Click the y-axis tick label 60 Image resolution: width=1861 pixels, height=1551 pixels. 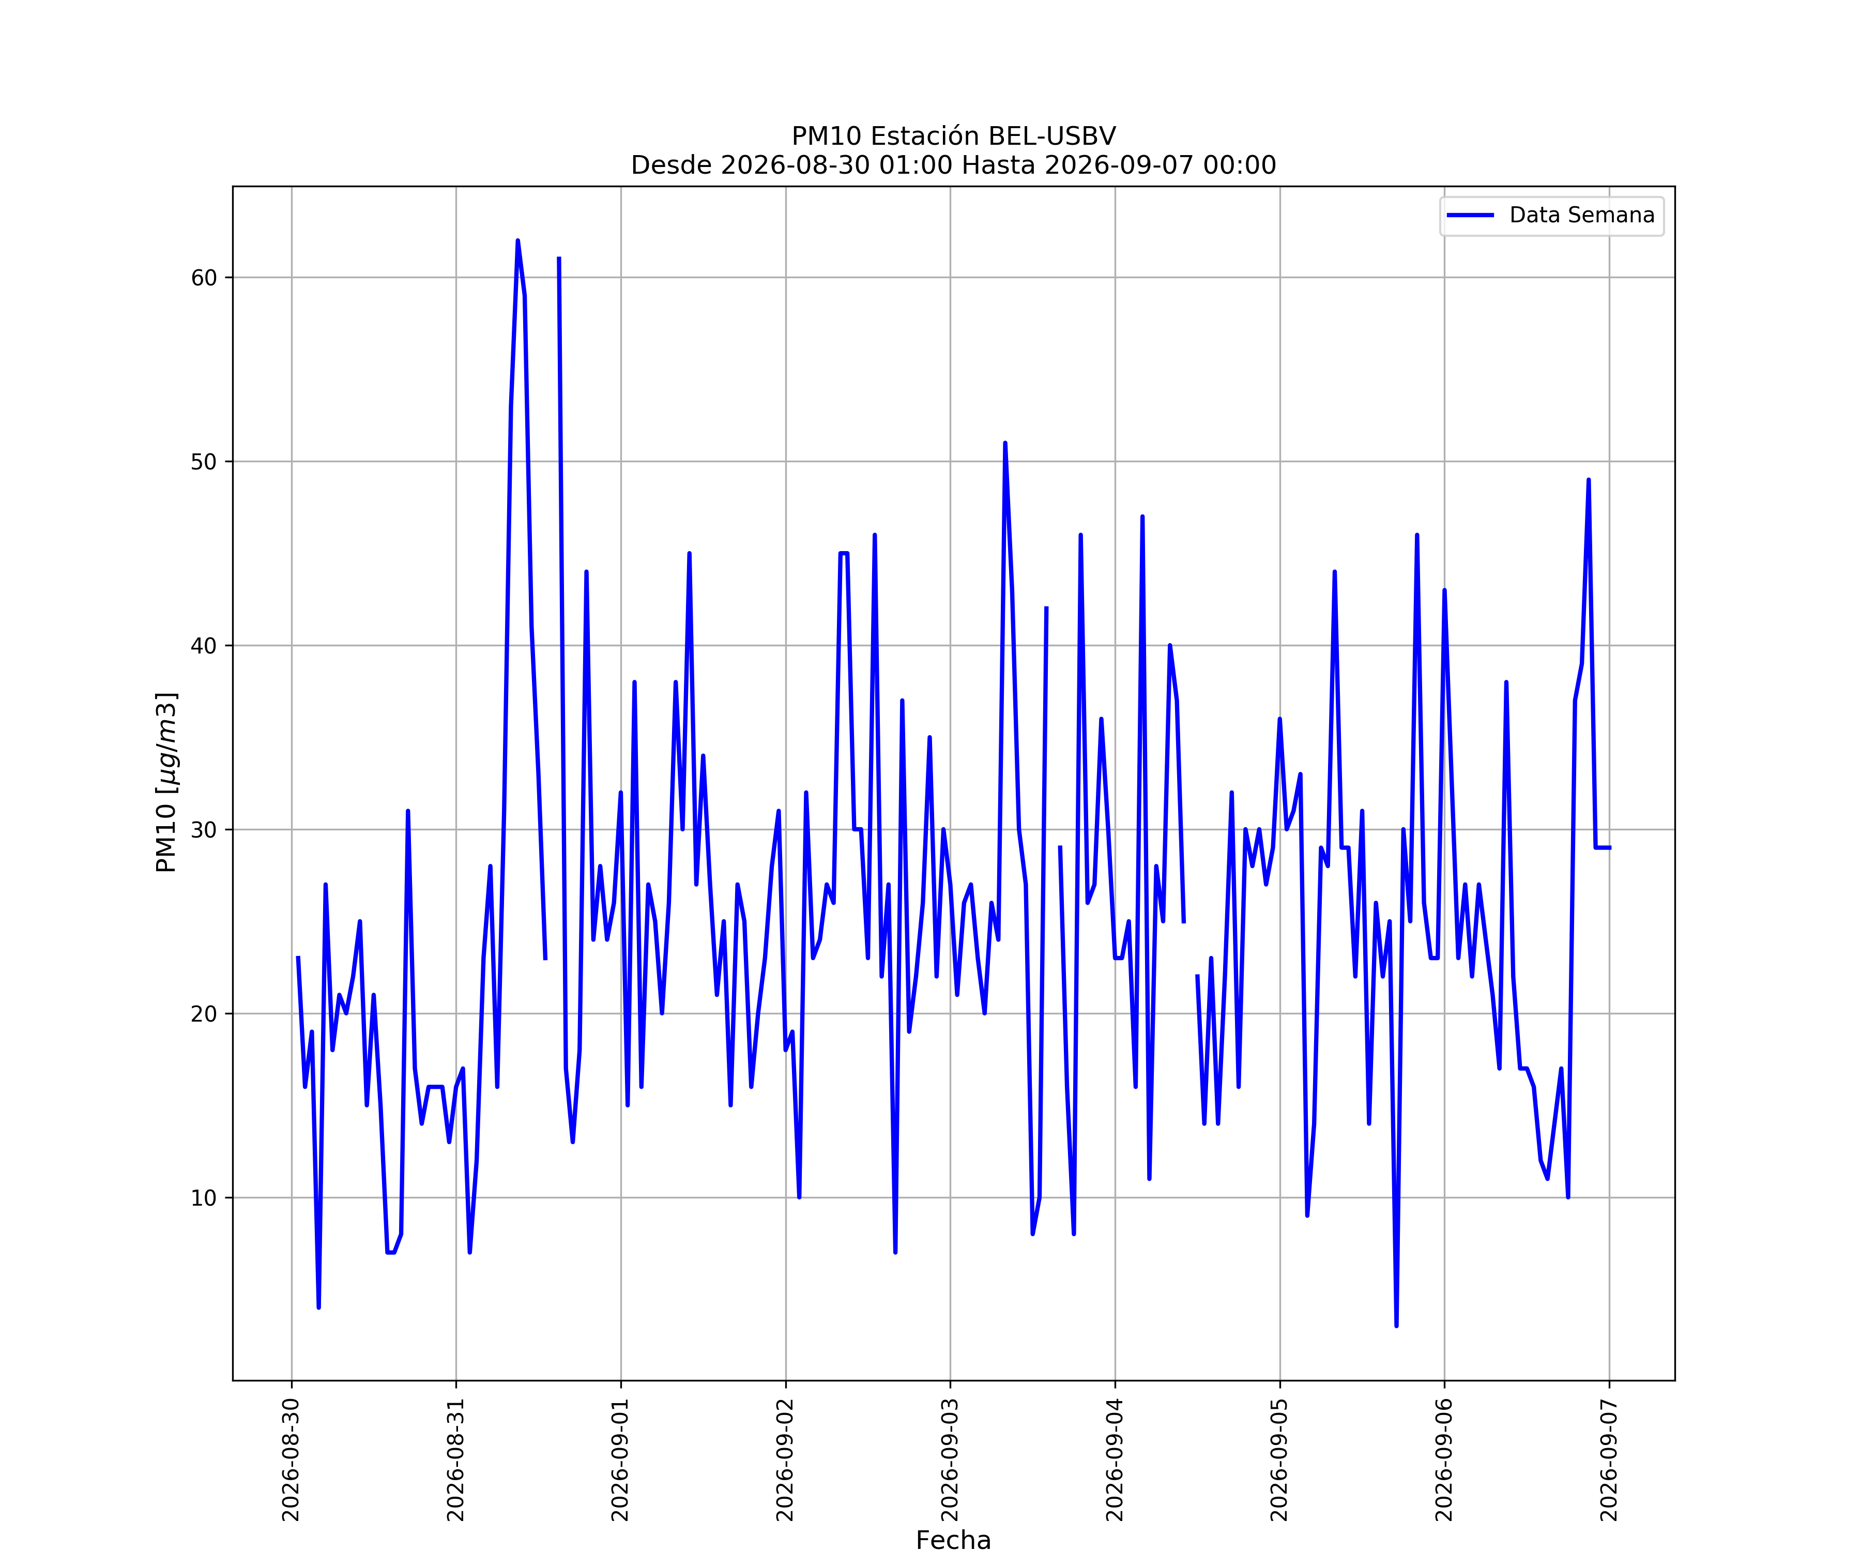tap(204, 278)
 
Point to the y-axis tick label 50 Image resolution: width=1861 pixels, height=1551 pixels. tap(204, 462)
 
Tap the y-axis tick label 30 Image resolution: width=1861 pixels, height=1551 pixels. tap(204, 830)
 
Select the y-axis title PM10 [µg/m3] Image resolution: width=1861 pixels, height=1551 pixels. tap(166, 783)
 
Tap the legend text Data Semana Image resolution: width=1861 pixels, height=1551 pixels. tap(1582, 216)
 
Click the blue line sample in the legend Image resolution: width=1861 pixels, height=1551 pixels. tap(1470, 216)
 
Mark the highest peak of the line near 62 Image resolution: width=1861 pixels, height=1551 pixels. tap(517, 241)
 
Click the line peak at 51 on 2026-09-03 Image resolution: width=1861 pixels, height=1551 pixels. tap(1005, 443)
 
